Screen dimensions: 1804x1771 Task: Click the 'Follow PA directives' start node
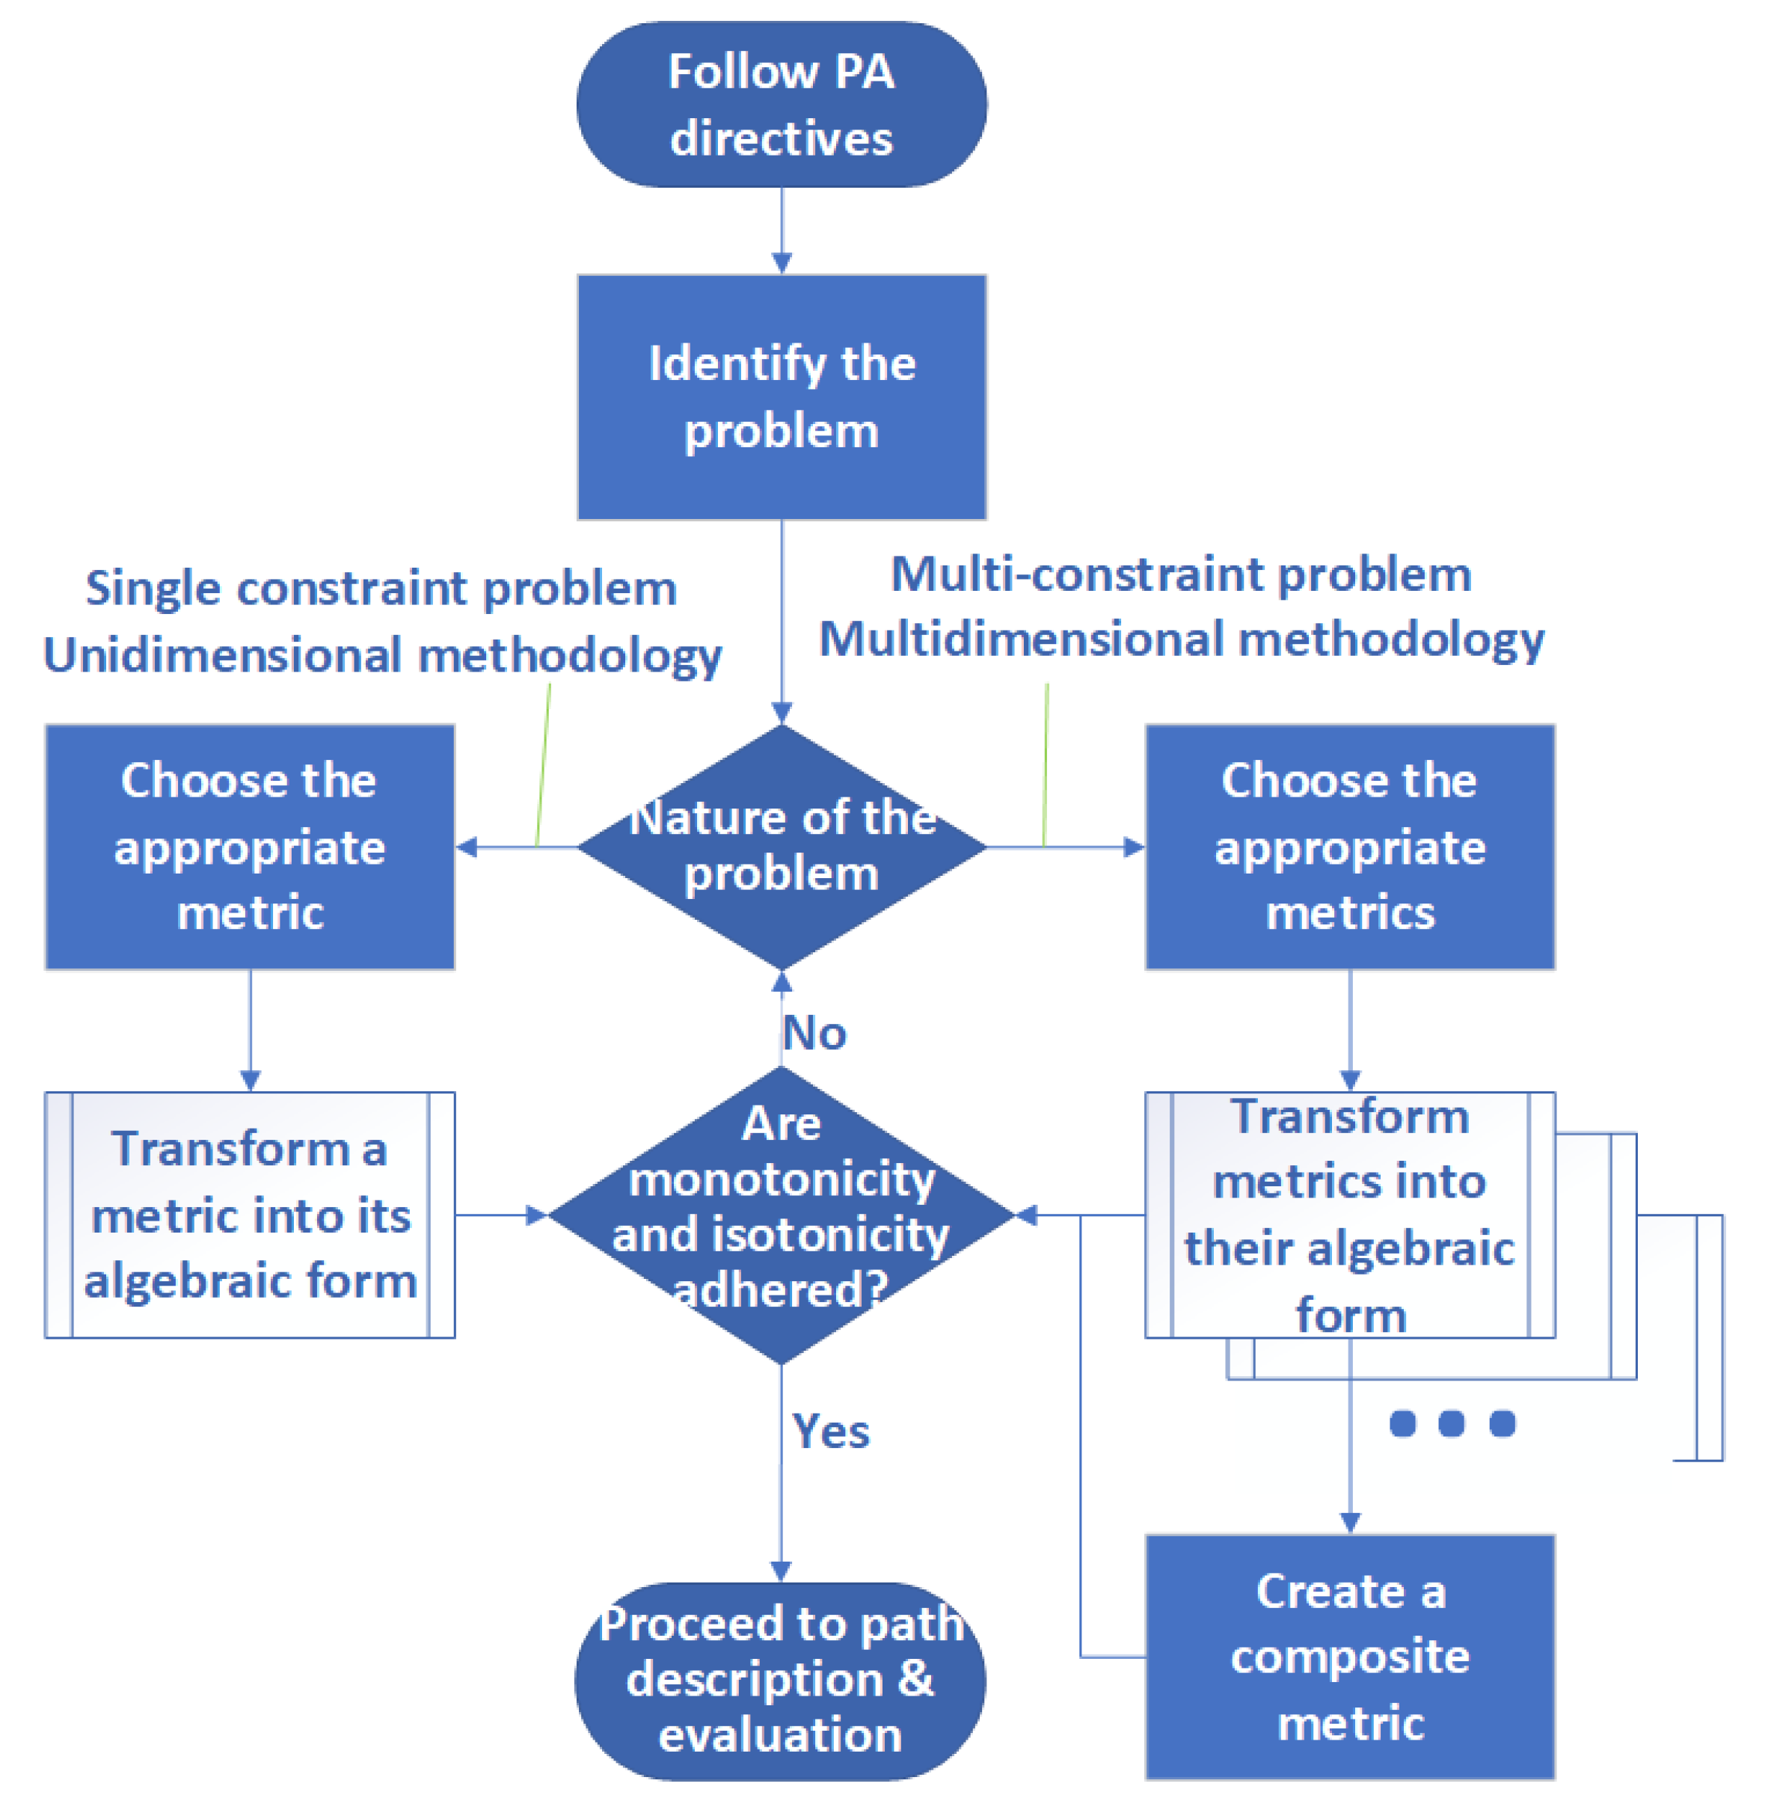[782, 104]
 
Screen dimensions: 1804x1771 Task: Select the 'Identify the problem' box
[782, 396]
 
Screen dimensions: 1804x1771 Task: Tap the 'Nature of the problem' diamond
[782, 847]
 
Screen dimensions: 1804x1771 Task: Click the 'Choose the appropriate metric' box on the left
[249, 847]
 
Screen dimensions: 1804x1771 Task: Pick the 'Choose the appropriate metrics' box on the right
[1350, 847]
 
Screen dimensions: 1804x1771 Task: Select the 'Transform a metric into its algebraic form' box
[249, 1214]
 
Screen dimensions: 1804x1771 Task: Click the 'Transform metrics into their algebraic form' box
[1350, 1214]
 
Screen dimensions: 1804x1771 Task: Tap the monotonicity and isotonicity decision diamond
[782, 1214]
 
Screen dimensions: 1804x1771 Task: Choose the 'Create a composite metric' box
[1350, 1656]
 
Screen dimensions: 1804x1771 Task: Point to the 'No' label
[814, 1033]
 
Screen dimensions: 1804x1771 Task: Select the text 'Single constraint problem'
[381, 588]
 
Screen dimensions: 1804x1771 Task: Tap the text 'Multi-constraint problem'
[1181, 574]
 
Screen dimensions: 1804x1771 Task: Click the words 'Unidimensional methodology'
[382, 655]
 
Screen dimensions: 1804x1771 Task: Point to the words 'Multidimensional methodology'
[1181, 640]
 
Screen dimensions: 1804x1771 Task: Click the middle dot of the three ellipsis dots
[1451, 1423]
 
